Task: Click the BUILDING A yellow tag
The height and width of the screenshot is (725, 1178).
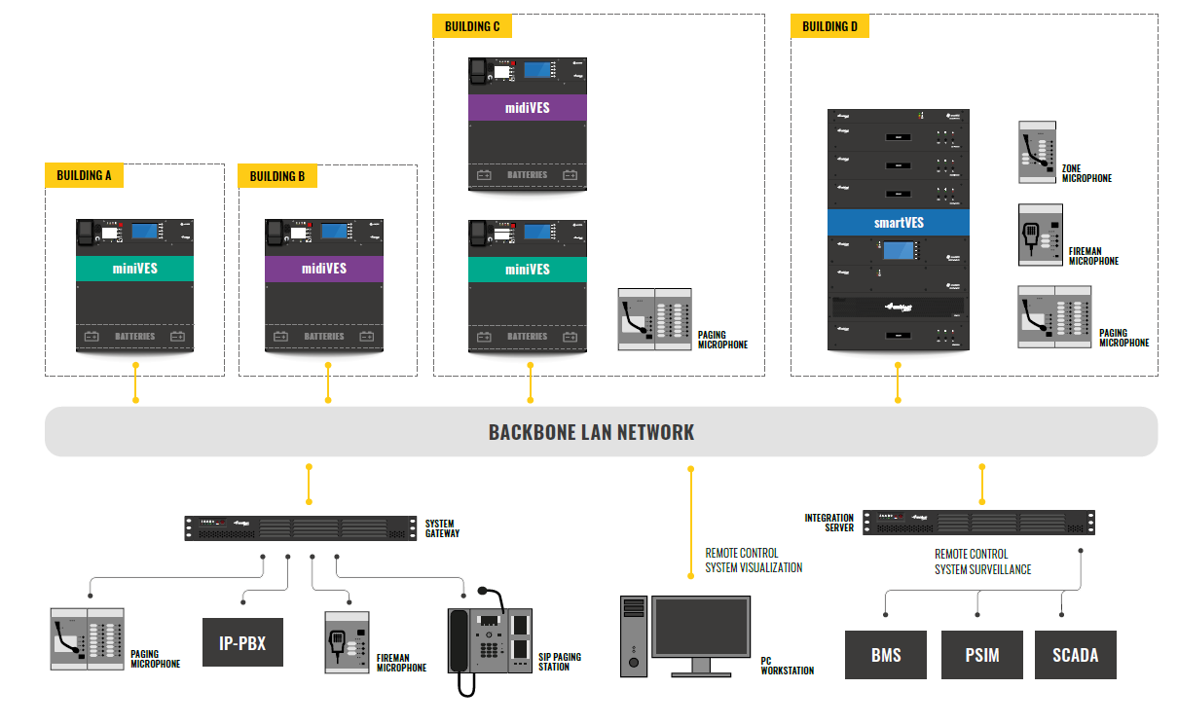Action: [84, 175]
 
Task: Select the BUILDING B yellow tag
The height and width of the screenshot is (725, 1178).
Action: [277, 176]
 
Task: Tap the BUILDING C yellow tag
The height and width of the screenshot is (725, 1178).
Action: [472, 26]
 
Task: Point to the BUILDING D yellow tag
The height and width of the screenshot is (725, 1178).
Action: [829, 26]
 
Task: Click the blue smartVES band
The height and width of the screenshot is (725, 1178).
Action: [899, 222]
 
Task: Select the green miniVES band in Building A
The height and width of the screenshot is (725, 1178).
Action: [135, 269]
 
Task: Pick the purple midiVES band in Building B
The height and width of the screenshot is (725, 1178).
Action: [323, 269]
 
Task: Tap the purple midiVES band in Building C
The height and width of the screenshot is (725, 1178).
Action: [527, 107]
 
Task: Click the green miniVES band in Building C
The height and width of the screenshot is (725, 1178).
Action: [527, 269]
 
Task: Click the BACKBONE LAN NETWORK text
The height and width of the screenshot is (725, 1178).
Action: [591, 432]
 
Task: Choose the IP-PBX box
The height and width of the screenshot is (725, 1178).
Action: [242, 642]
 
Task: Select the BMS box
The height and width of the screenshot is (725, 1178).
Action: [885, 655]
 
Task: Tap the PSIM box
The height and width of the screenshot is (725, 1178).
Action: [981, 655]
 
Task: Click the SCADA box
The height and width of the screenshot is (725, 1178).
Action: [1075, 655]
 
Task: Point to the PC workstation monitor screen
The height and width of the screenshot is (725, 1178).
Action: [701, 628]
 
